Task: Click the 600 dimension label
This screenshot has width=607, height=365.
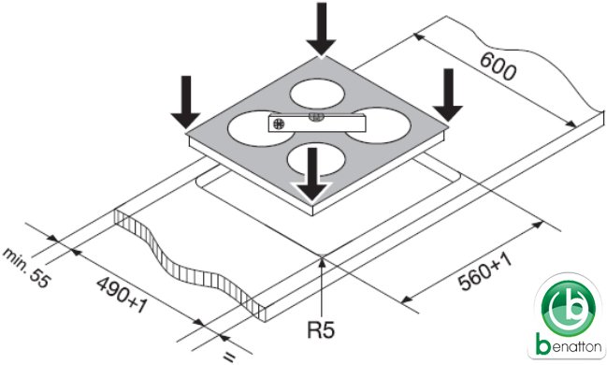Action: [x=499, y=66]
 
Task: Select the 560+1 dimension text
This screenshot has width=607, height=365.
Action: [x=485, y=271]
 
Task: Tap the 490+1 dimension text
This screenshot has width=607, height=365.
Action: [x=122, y=295]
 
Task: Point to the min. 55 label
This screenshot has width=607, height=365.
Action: [x=26, y=268]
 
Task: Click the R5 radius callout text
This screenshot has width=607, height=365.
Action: [x=321, y=329]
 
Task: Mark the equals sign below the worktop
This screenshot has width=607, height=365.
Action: [x=229, y=357]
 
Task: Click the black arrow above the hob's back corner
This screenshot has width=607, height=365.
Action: [x=321, y=29]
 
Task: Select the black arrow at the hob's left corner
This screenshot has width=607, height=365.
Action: [x=186, y=102]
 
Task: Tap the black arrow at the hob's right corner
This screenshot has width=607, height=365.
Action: [x=448, y=95]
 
